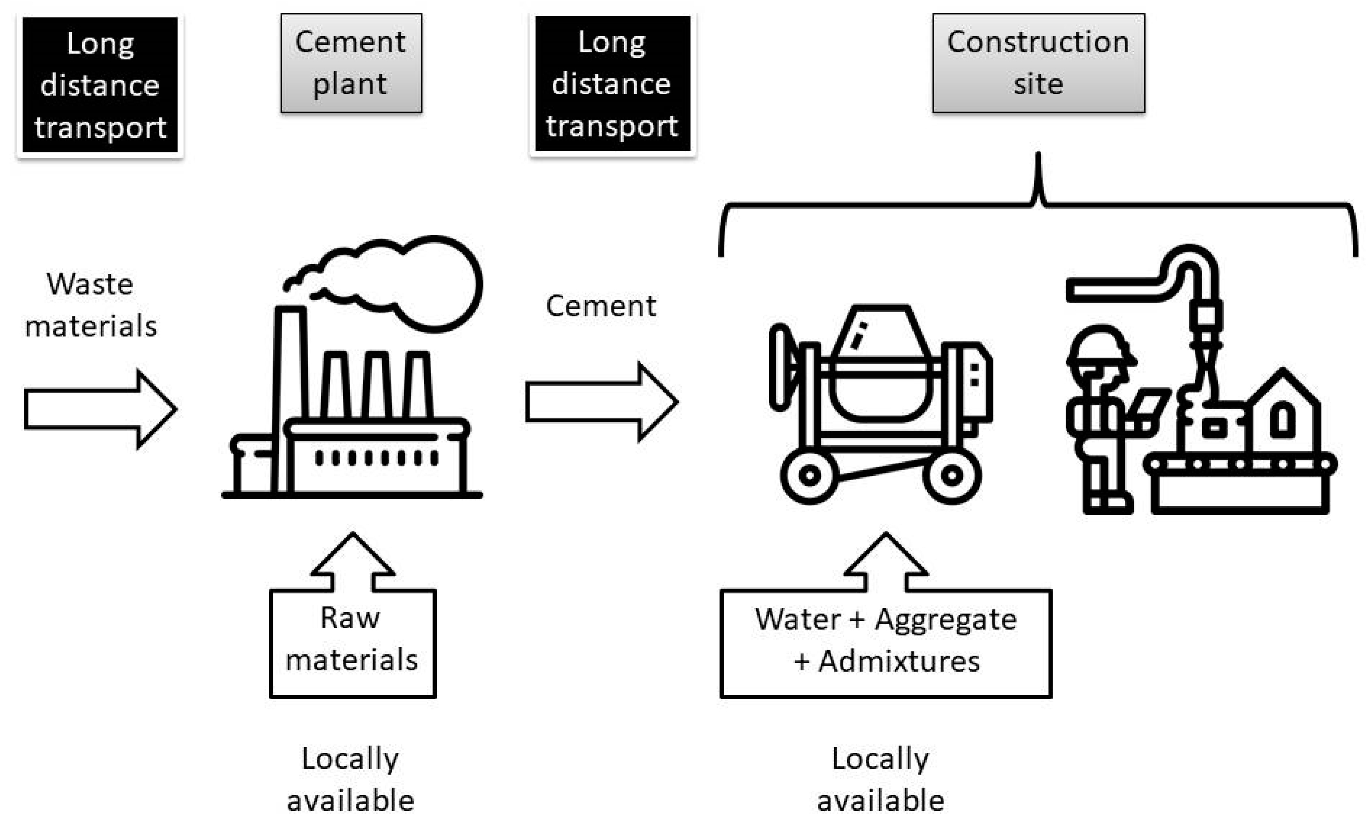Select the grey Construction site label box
[x=1038, y=63]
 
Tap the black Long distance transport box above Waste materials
[x=100, y=85]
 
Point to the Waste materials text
[x=90, y=305]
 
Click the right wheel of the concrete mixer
[x=952, y=476]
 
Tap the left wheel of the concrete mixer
[x=809, y=476]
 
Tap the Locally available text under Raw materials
[x=350, y=779]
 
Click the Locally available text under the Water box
[x=880, y=779]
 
